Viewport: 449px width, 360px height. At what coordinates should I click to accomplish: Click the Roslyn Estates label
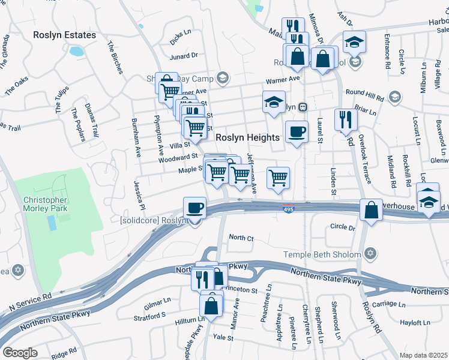coord(65,35)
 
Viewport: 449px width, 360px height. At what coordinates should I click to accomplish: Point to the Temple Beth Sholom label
coord(322,254)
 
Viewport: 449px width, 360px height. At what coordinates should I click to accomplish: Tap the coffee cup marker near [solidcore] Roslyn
coord(194,208)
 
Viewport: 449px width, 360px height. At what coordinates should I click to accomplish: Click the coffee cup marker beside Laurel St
coord(296,132)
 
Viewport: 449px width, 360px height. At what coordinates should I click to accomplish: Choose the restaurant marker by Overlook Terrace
coord(346,119)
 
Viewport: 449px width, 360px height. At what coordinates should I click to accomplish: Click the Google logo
coord(20,352)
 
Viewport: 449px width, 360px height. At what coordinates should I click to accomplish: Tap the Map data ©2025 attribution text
coord(423,355)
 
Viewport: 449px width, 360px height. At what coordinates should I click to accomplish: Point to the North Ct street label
coord(241,238)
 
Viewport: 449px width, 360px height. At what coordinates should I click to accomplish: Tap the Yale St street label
coord(223,338)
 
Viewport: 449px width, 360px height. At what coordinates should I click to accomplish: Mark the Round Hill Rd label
coord(365,92)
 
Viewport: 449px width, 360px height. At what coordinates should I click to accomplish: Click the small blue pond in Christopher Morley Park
coord(52,223)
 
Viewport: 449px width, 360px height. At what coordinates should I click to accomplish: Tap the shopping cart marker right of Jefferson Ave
coord(278,178)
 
